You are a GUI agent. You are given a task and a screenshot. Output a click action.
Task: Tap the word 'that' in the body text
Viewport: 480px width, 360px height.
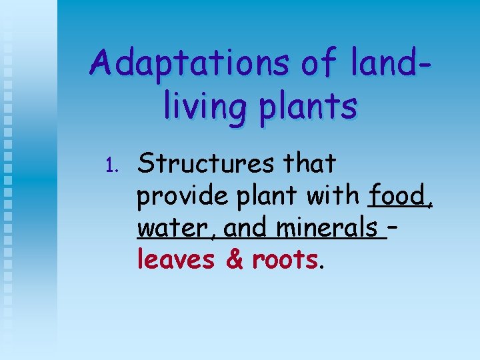point(308,163)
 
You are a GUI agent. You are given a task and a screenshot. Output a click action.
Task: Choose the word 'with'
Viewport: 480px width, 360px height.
point(334,195)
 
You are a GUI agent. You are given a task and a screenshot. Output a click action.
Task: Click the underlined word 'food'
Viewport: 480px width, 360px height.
point(399,195)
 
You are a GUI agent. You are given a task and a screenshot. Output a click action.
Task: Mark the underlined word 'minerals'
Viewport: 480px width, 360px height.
point(327,229)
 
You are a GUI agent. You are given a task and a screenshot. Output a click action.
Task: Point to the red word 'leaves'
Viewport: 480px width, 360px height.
point(176,259)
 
